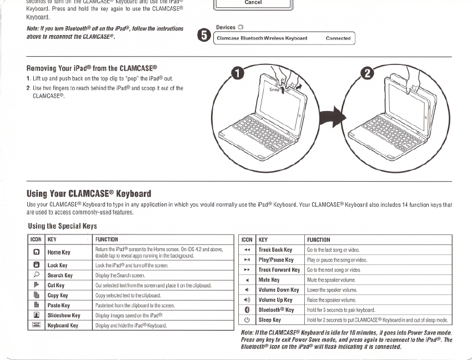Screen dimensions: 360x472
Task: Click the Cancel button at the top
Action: click(253, 3)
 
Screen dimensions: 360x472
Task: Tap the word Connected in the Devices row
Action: click(338, 38)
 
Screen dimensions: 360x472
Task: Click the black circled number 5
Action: click(204, 36)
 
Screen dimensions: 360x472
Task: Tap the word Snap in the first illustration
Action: click(274, 89)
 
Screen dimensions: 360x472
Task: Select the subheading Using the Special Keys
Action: click(62, 226)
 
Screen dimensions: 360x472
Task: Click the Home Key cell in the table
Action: click(58, 252)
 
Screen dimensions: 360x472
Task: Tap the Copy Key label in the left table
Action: click(58, 296)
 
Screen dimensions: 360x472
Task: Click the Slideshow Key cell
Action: click(64, 316)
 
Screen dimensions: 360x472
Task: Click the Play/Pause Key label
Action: click(275, 260)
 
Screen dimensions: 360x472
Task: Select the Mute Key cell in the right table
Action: click(269, 280)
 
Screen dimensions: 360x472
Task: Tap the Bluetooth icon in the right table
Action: click(247, 310)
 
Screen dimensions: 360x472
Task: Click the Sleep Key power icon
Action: click(247, 320)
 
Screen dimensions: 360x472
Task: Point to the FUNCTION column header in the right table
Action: click(319, 240)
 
